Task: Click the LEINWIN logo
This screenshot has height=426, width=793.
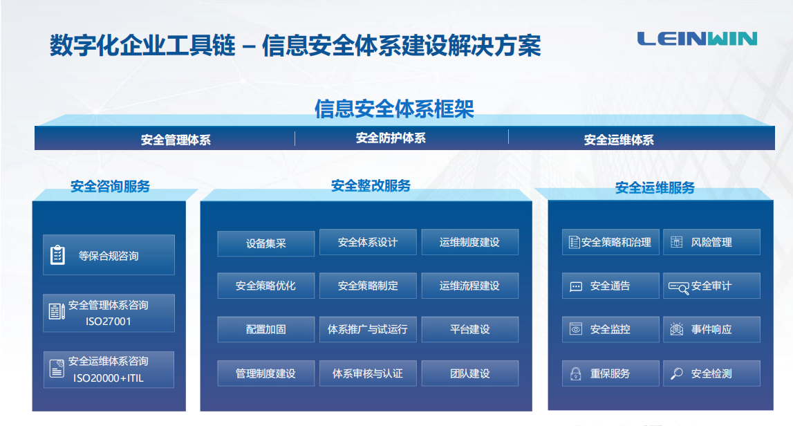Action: click(697, 39)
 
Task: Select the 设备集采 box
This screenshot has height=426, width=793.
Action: click(266, 243)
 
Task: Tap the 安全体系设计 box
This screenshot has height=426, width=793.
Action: click(368, 242)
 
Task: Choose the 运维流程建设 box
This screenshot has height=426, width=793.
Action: click(470, 286)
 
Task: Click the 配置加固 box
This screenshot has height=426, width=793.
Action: click(266, 329)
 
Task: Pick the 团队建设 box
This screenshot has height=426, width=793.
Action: click(470, 373)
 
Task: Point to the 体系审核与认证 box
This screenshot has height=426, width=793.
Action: click(368, 373)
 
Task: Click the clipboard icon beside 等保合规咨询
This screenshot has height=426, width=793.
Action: click(57, 255)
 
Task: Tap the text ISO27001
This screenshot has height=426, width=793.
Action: click(109, 322)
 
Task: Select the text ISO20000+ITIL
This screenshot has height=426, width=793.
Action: click(109, 378)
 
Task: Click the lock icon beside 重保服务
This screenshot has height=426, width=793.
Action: click(575, 374)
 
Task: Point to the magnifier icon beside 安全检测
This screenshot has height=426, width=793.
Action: click(676, 373)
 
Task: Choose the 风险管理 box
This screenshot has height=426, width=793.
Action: click(711, 242)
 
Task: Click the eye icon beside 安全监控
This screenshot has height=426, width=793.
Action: click(575, 329)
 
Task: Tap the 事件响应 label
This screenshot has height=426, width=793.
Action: click(711, 330)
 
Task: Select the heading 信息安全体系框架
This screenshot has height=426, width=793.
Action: click(395, 109)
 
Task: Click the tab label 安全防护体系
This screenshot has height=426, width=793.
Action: click(391, 138)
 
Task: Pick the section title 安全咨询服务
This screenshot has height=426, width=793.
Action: click(110, 186)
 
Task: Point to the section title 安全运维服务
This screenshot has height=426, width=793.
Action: click(655, 187)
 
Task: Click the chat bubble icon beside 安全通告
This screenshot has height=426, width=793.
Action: click(575, 287)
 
